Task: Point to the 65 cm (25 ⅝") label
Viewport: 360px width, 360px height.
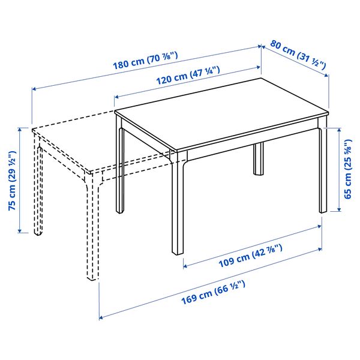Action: click(347, 169)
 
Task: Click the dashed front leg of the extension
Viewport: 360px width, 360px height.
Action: click(94, 228)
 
